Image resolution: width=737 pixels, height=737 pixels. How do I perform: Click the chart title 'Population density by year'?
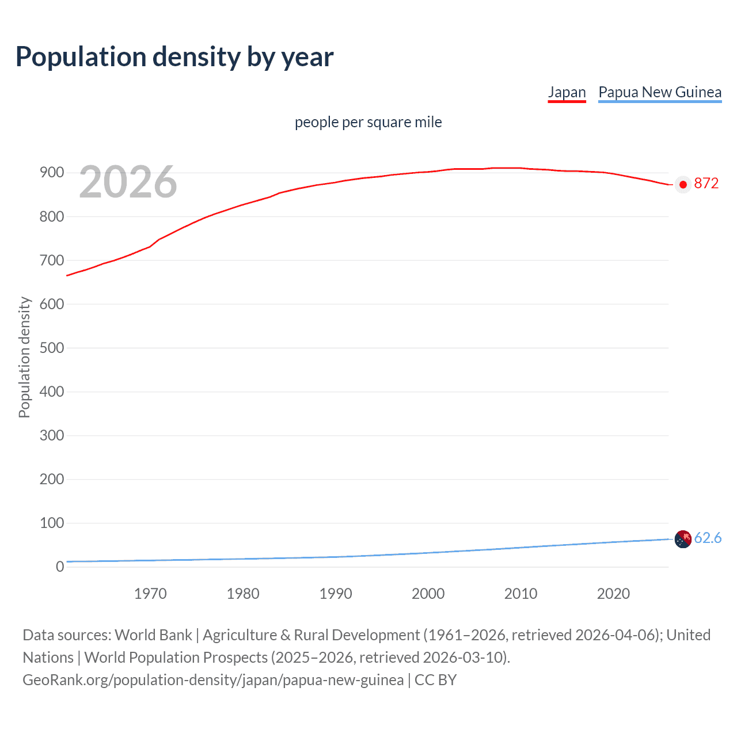pyautogui.click(x=174, y=57)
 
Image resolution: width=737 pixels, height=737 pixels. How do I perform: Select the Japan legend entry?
pyautogui.click(x=567, y=92)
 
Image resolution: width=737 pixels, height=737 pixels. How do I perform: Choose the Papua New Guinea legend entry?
pyautogui.click(x=660, y=92)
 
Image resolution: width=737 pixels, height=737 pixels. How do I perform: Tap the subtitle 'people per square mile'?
pyautogui.click(x=368, y=122)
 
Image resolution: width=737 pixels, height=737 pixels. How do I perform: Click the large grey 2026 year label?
pyautogui.click(x=128, y=182)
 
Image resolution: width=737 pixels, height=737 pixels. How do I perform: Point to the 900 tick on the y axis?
pyautogui.click(x=51, y=173)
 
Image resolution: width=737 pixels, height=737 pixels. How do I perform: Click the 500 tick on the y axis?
pyautogui.click(x=51, y=348)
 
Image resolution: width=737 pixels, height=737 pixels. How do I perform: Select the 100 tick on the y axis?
pyautogui.click(x=51, y=523)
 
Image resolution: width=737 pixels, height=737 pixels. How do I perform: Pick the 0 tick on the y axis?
pyautogui.click(x=60, y=567)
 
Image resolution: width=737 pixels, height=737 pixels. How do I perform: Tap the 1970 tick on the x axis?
pyautogui.click(x=150, y=594)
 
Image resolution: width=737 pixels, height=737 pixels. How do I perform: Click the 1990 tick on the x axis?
pyautogui.click(x=336, y=594)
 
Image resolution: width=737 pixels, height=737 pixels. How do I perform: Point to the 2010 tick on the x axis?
pyautogui.click(x=521, y=594)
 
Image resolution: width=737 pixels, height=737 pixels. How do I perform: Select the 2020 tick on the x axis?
pyautogui.click(x=613, y=594)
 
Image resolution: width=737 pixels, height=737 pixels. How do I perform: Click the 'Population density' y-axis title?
pyautogui.click(x=24, y=357)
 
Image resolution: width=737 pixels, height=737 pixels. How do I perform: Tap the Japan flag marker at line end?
pyautogui.click(x=683, y=185)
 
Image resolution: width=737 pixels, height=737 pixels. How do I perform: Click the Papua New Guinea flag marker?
pyautogui.click(x=683, y=539)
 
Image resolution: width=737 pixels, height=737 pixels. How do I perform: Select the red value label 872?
pyautogui.click(x=706, y=184)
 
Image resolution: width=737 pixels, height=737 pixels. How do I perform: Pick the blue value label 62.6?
pyautogui.click(x=708, y=538)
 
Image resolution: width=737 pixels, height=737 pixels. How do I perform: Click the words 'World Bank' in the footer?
pyautogui.click(x=153, y=635)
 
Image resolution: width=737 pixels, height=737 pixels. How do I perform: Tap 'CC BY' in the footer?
pyautogui.click(x=435, y=680)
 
